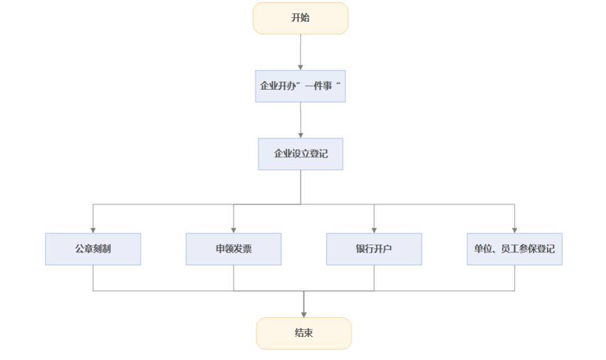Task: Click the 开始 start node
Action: point(300,18)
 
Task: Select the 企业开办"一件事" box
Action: point(300,86)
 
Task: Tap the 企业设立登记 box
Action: point(300,154)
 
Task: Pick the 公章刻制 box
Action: point(93,249)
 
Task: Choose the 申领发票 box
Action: point(233,249)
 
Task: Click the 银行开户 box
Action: point(374,249)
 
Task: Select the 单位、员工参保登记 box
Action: point(514,249)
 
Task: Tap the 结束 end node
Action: point(304,333)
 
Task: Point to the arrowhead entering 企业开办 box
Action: point(300,67)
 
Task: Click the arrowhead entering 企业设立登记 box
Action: point(300,135)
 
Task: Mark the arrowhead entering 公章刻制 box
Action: point(93,230)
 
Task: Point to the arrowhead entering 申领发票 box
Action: point(233,230)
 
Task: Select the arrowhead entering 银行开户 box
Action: point(374,230)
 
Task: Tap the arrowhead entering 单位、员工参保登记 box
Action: point(515,230)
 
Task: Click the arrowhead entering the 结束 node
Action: point(304,315)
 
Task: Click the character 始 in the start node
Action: point(305,18)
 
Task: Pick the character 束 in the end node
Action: point(309,333)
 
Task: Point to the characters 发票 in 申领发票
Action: point(242,249)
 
